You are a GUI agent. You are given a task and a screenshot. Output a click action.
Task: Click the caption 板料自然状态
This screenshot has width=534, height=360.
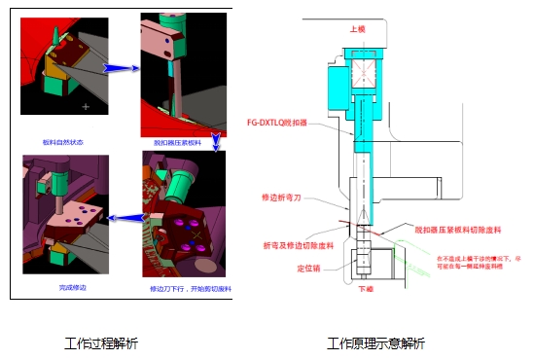63,142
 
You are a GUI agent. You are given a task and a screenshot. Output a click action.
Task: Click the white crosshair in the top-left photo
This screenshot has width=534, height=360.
87,104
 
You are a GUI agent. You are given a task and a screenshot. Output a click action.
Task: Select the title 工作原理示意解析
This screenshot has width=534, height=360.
375,343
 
